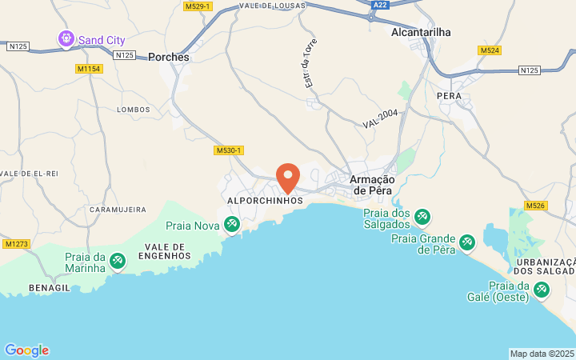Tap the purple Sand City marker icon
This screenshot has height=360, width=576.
[x=66, y=38]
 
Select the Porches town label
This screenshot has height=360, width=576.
[x=169, y=58]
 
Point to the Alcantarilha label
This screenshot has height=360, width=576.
[x=422, y=32]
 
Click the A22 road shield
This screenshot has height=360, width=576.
[x=382, y=5]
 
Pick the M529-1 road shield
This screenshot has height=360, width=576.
[x=197, y=6]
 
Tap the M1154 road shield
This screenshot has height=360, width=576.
[x=90, y=69]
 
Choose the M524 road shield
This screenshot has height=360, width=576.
[x=490, y=50]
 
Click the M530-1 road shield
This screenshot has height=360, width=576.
[x=229, y=150]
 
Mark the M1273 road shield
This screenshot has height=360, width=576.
[x=16, y=243]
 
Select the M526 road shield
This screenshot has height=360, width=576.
[x=535, y=206]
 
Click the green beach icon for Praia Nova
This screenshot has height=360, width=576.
[x=232, y=226]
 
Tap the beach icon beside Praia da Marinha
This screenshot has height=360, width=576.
[x=118, y=261]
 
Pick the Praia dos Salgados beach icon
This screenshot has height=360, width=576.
[x=422, y=217]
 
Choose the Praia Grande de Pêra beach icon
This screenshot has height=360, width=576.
[x=466, y=242]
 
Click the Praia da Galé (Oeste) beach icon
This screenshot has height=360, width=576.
[x=541, y=289]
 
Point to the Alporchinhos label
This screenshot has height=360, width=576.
[x=266, y=201]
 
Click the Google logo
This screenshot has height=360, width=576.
[x=26, y=350]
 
